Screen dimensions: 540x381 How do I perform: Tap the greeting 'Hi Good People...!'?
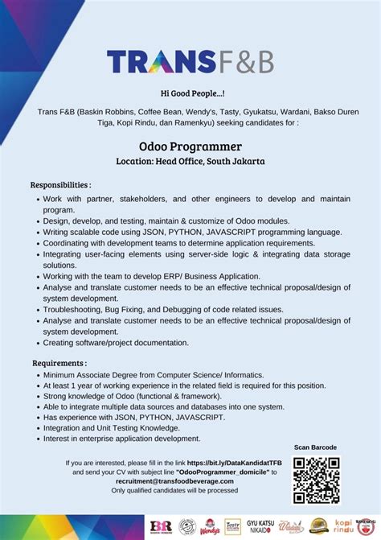click(x=190, y=94)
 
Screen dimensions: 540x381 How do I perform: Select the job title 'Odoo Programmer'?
click(x=190, y=146)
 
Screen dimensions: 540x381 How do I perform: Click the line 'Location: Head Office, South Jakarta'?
click(x=190, y=161)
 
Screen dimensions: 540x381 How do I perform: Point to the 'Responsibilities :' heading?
click(x=61, y=184)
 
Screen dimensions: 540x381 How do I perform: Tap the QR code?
click(x=315, y=480)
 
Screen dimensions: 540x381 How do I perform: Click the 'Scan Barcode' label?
click(x=315, y=447)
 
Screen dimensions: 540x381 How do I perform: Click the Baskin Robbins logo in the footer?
click(x=160, y=526)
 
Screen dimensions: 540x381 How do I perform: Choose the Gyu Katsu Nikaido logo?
click(x=260, y=526)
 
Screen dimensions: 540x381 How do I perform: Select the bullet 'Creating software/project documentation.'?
click(x=116, y=342)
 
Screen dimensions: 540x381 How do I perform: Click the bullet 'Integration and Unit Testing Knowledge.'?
click(x=112, y=428)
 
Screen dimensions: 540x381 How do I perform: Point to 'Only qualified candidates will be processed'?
click(x=174, y=490)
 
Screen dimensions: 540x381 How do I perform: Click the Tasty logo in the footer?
click(x=233, y=526)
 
